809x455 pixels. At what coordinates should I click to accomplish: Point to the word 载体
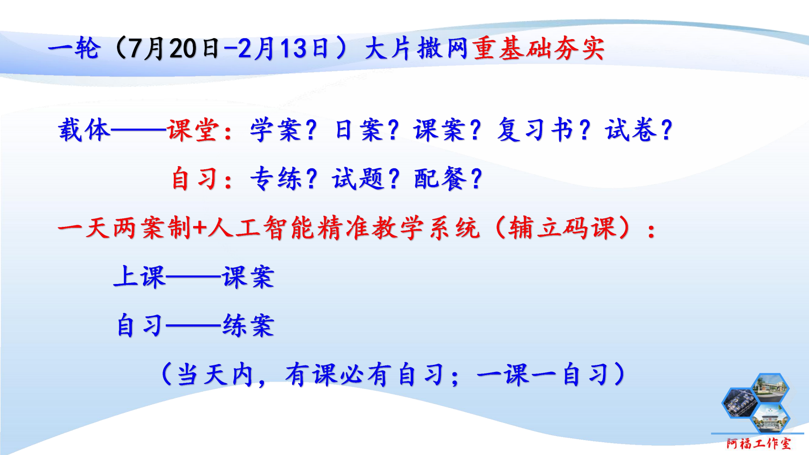[x=84, y=130]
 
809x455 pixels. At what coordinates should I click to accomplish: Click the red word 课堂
[x=193, y=130]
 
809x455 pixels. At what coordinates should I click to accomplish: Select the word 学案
[x=276, y=130]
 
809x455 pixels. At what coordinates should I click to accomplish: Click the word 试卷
[x=631, y=130]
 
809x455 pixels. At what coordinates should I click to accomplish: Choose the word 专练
[x=276, y=178]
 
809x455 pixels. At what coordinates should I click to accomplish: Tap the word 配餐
[x=440, y=178]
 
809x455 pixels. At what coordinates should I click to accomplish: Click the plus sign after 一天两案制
[x=200, y=228]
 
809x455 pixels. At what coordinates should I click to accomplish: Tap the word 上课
[x=139, y=277]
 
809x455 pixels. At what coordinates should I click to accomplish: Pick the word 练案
[x=249, y=326]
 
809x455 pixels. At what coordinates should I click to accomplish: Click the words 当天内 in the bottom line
[x=215, y=375]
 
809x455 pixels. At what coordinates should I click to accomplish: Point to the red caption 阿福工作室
[x=759, y=444]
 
